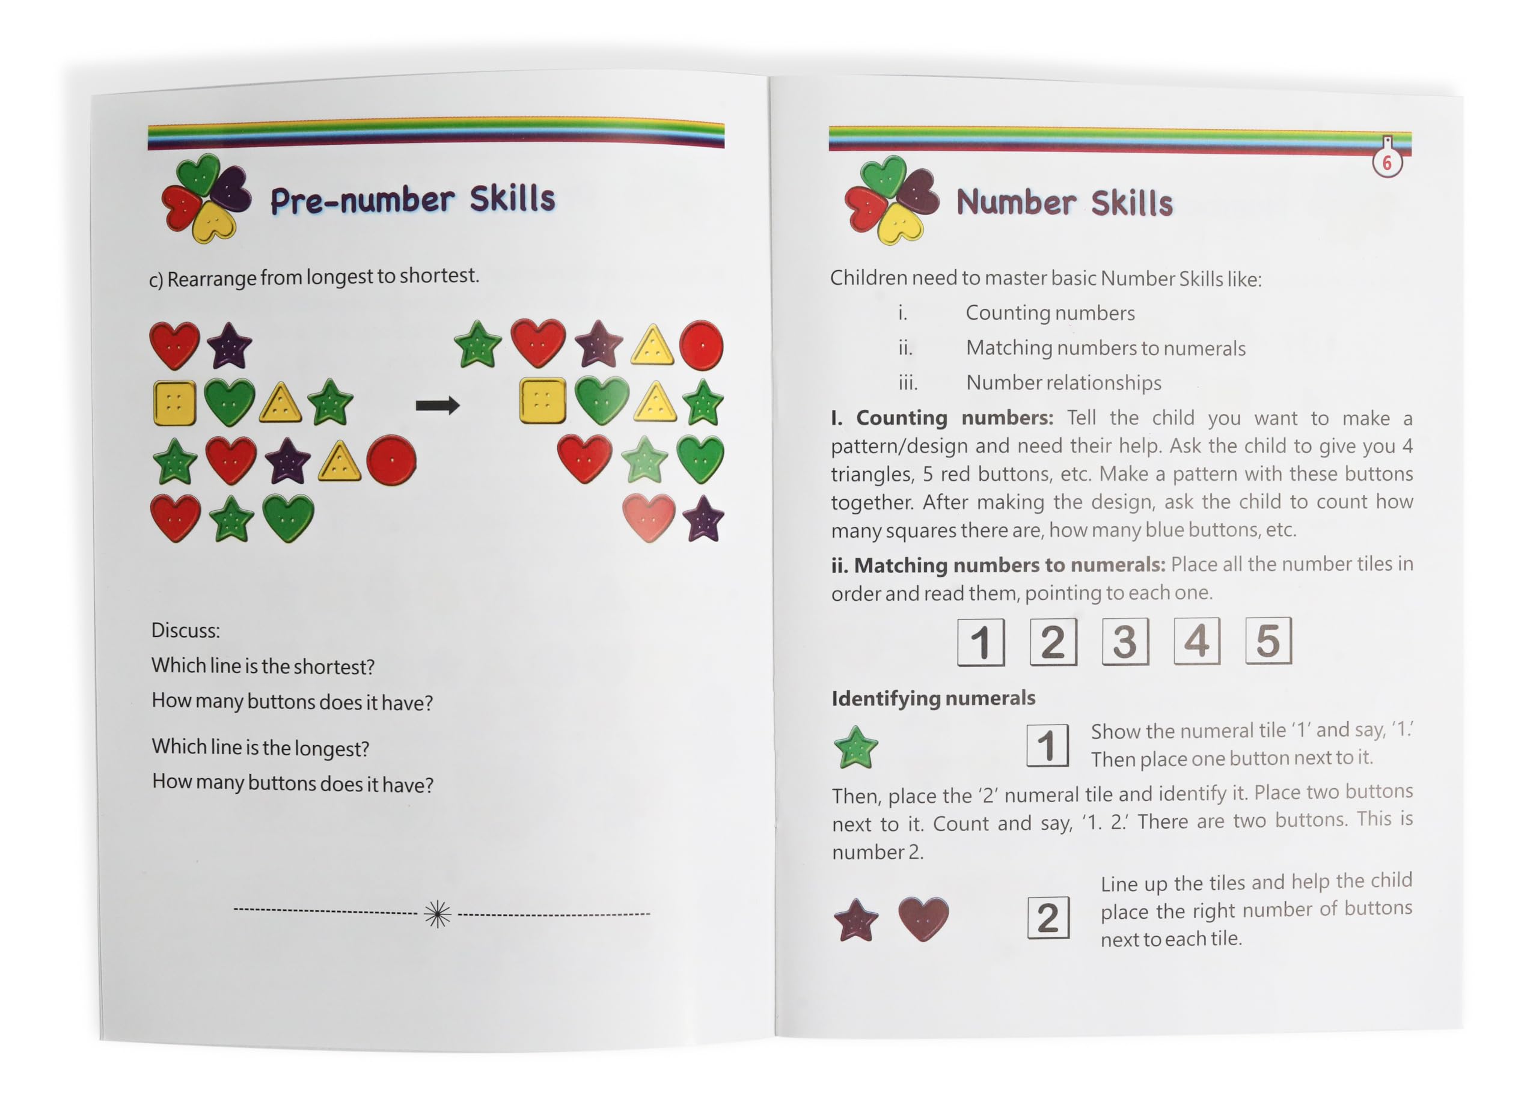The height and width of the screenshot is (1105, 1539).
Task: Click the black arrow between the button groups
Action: [x=438, y=406]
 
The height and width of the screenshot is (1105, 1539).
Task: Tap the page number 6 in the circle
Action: [x=1387, y=163]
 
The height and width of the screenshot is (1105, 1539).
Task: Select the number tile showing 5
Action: [x=1268, y=641]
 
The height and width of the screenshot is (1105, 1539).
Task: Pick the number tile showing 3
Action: [x=1125, y=641]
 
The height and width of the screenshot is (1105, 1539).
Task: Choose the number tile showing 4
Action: [x=1197, y=641]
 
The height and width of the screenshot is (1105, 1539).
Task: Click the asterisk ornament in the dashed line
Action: [x=438, y=914]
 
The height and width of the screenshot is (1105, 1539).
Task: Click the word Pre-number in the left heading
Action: [x=363, y=200]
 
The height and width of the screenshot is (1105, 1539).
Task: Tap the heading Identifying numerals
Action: [x=933, y=698]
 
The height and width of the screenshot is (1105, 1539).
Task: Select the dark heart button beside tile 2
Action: [x=923, y=919]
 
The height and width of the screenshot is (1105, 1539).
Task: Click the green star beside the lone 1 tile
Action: [x=855, y=747]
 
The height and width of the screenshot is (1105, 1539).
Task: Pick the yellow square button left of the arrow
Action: [x=175, y=403]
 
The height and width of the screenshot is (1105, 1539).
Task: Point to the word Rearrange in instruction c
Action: [x=212, y=279]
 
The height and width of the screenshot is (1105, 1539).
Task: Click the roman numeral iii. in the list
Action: [x=908, y=383]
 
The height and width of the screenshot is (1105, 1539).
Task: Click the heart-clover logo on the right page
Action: [x=892, y=199]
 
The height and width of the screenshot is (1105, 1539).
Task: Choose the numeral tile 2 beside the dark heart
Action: [x=1048, y=918]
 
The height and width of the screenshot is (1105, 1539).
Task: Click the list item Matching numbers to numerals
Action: [x=1106, y=348]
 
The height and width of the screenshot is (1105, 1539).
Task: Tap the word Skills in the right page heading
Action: [x=1132, y=203]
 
